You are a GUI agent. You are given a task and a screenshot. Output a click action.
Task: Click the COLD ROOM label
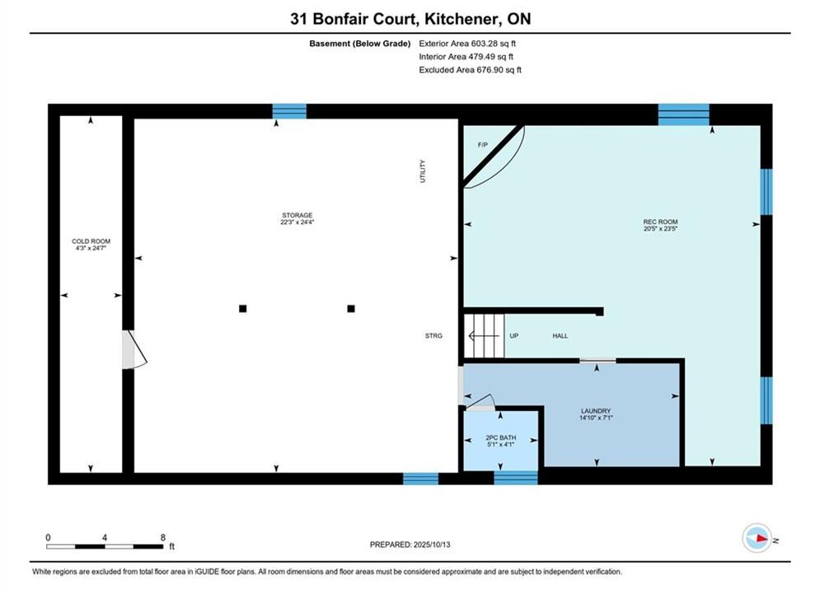click(x=91, y=241)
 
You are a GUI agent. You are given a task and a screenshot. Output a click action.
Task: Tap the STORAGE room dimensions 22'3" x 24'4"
click(x=297, y=222)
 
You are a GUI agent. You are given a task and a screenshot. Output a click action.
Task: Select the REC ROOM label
click(x=660, y=222)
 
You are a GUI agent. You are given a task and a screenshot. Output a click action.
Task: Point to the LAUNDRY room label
click(x=596, y=411)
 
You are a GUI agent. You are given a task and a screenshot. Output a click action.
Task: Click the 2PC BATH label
click(x=501, y=438)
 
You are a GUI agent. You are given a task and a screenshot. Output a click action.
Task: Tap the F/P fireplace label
click(x=483, y=145)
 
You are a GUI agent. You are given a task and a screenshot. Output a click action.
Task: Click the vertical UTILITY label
click(x=423, y=171)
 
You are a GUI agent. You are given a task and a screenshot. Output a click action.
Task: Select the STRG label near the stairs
click(x=433, y=336)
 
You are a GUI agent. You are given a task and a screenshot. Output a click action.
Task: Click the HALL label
click(x=560, y=336)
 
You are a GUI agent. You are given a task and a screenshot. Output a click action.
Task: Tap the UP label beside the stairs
click(x=514, y=336)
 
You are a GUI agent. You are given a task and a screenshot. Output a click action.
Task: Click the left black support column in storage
click(x=242, y=309)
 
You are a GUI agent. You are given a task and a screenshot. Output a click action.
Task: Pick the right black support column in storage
click(x=351, y=309)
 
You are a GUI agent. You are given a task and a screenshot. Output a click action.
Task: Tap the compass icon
click(x=757, y=538)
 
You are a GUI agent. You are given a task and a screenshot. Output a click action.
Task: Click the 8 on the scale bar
click(x=162, y=538)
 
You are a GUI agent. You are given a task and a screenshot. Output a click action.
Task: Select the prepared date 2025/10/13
click(x=432, y=544)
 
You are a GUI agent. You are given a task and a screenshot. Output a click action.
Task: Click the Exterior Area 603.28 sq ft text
click(x=467, y=44)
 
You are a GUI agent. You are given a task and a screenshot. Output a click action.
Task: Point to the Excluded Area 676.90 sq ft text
click(x=470, y=70)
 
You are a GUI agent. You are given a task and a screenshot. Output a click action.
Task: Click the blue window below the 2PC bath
click(x=516, y=478)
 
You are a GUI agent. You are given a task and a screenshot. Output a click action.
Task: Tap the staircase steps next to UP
click(x=485, y=336)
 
